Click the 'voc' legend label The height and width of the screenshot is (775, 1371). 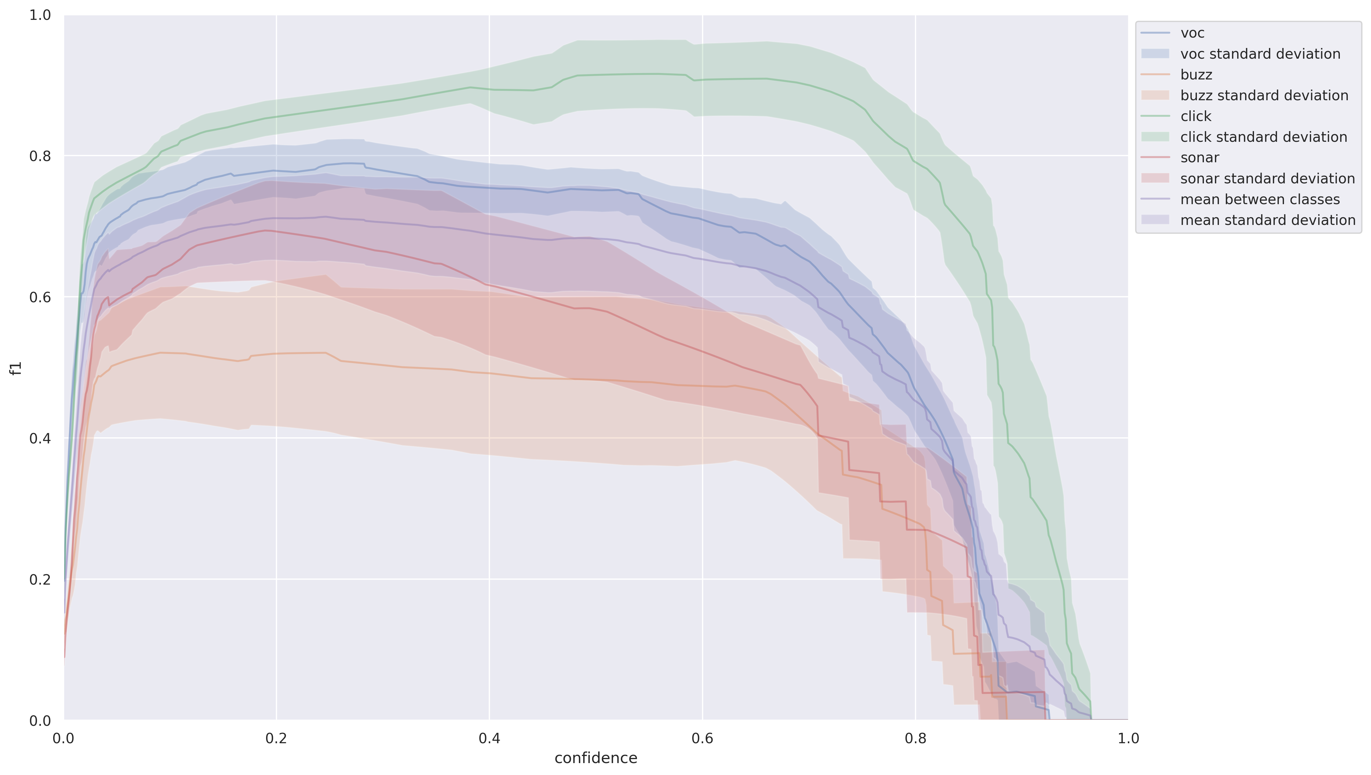coord(1192,33)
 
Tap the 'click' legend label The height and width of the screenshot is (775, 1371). coord(1195,116)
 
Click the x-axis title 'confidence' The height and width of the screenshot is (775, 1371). coord(596,758)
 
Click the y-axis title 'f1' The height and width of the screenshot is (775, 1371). coord(16,368)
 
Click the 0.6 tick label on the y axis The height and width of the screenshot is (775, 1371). coord(40,297)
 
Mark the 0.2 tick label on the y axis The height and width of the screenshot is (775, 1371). coord(40,579)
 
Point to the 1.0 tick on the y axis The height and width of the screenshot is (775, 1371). coord(40,16)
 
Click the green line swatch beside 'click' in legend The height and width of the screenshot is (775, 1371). coord(1155,116)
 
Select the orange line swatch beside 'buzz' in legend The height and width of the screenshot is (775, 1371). coord(1155,75)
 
